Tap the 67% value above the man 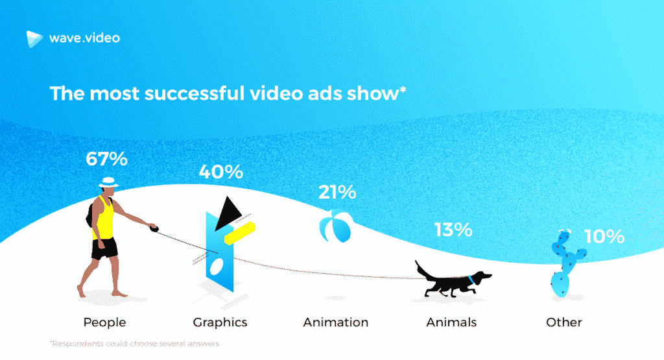pyautogui.click(x=106, y=159)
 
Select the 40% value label pyautogui.click(x=220, y=172)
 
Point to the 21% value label pyautogui.click(x=337, y=192)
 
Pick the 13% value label pyautogui.click(x=453, y=230)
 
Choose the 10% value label pyautogui.click(x=604, y=237)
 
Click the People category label pyautogui.click(x=104, y=322)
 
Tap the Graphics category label pyautogui.click(x=220, y=322)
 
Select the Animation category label pyautogui.click(x=336, y=322)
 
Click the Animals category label pyautogui.click(x=451, y=322)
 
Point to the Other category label pyautogui.click(x=563, y=322)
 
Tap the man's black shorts pyautogui.click(x=104, y=248)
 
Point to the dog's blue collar pyautogui.click(x=470, y=280)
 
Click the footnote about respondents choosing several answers pyautogui.click(x=134, y=343)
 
